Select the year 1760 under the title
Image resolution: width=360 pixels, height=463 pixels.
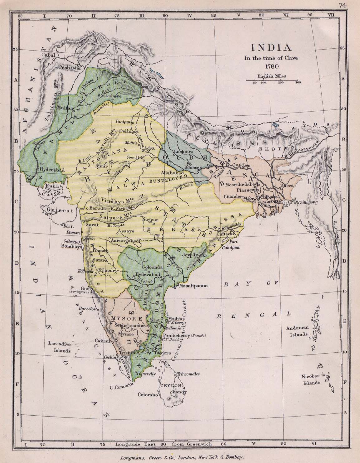click(272, 66)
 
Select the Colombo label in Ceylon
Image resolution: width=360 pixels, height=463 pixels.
click(148, 394)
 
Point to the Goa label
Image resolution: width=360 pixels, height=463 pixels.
click(83, 288)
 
